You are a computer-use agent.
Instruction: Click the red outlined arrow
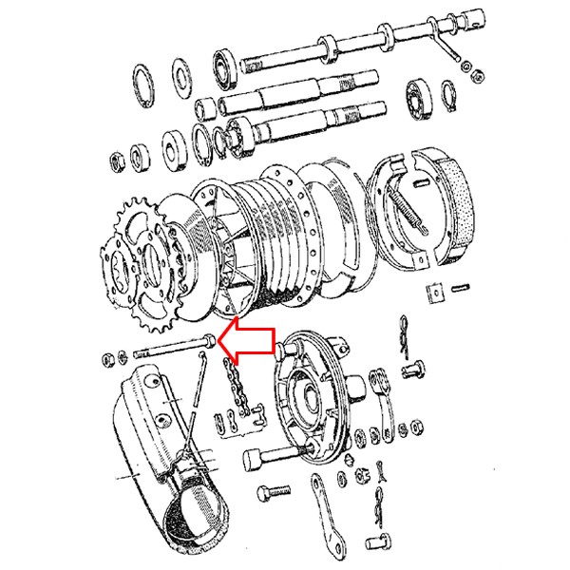tap(249, 343)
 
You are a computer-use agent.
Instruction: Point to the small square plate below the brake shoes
tap(436, 294)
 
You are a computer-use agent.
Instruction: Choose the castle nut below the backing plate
tap(362, 475)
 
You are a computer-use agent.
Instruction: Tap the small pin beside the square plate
tap(463, 287)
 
